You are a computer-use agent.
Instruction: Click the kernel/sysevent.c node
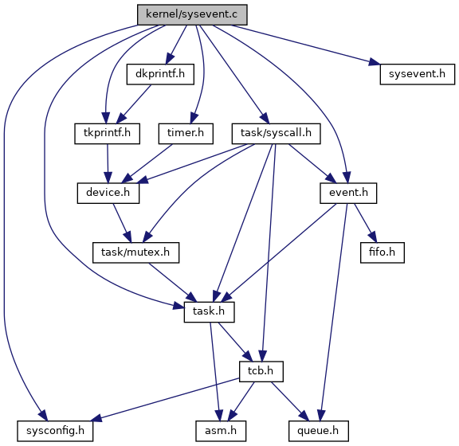[x=192, y=14]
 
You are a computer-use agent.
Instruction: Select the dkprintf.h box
[x=160, y=74]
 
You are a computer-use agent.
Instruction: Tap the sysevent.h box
[x=417, y=74]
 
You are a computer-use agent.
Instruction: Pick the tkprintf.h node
[x=107, y=134]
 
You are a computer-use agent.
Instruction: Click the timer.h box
[x=186, y=134]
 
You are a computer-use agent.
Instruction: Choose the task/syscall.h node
[x=276, y=134]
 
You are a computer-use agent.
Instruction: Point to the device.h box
[x=108, y=194]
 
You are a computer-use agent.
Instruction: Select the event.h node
[x=348, y=194]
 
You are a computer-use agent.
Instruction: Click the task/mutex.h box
[x=135, y=252]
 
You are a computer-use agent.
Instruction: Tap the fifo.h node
[x=382, y=252]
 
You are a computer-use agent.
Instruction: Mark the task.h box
[x=209, y=312]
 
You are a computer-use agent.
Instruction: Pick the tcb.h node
[x=261, y=371]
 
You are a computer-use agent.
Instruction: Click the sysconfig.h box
[x=55, y=431]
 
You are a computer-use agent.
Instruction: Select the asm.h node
[x=221, y=431]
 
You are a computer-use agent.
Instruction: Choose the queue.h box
[x=319, y=431]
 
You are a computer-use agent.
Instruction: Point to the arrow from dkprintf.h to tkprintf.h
[x=134, y=104]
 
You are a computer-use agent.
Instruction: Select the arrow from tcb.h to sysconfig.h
[x=167, y=400]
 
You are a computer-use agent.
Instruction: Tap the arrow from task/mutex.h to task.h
[x=173, y=282]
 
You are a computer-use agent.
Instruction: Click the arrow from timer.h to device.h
[x=147, y=163]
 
